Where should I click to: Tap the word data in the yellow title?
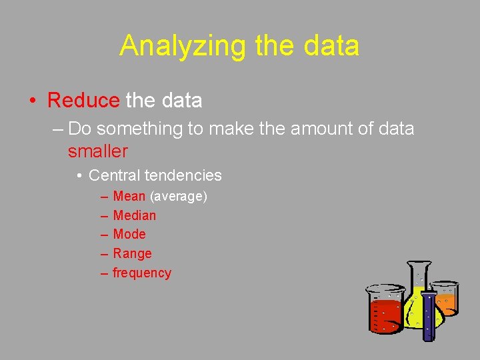331,46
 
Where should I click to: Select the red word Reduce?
83,101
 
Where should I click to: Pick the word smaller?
97,151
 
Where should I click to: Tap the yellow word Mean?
129,196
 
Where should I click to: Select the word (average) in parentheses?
179,196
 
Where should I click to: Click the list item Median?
135,215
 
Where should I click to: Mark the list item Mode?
129,234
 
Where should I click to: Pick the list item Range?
133,253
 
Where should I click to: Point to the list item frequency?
142,273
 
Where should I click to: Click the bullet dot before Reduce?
33,101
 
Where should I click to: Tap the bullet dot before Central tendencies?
79,176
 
